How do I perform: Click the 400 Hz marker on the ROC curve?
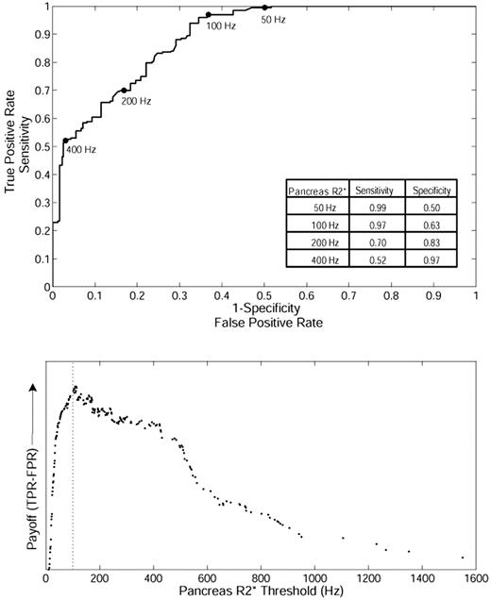(x=65, y=141)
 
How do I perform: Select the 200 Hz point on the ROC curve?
(x=124, y=91)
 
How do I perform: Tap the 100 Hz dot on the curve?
(x=209, y=15)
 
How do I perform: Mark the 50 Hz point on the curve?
(x=265, y=8)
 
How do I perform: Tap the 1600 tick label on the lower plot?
(x=475, y=575)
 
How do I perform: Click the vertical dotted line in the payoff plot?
(x=74, y=472)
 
